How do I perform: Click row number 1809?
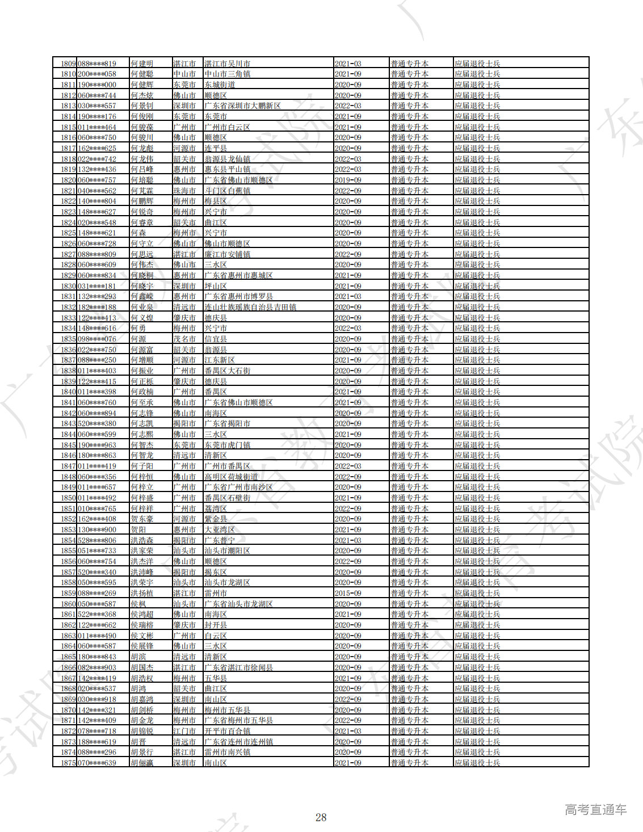(68, 64)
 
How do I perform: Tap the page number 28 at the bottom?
(321, 817)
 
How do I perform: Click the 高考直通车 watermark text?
(595, 810)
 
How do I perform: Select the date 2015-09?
(348, 593)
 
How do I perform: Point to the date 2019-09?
(348, 180)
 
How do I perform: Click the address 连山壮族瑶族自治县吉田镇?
(250, 307)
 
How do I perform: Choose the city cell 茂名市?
(184, 339)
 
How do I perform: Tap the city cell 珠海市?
(184, 191)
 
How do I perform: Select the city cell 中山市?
(184, 74)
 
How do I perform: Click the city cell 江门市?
(184, 731)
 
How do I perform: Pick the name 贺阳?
(138, 530)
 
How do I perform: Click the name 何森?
(138, 233)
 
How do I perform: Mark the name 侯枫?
(138, 604)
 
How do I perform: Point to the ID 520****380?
(96, 423)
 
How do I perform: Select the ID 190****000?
(96, 85)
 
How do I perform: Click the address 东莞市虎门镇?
(227, 445)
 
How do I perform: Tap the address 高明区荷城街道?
(231, 477)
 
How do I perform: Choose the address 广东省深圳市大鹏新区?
(242, 106)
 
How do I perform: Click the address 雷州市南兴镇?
(227, 752)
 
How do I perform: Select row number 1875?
(68, 763)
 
